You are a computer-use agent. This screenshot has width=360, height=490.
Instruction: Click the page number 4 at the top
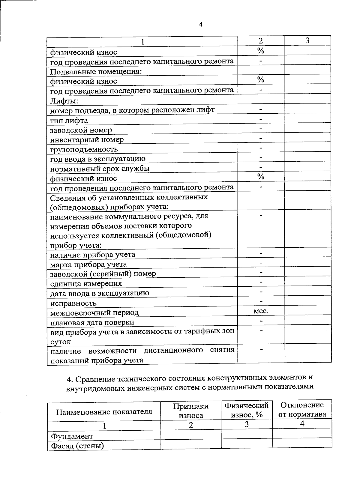coord(201,25)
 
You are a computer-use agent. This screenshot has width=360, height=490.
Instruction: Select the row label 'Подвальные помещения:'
coord(96,72)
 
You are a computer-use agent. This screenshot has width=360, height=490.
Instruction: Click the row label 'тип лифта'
coord(69,121)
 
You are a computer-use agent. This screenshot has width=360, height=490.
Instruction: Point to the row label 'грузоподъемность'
coord(84,149)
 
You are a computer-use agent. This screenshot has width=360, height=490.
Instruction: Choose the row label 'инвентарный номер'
coord(87,140)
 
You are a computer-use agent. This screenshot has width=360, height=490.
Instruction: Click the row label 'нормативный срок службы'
coord(100,169)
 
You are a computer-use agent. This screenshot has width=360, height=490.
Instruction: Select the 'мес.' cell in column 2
coord(261,311)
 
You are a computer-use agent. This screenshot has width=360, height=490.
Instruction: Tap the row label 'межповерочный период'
coord(94,313)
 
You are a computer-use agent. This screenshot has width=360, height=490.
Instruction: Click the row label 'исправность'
coord(73,303)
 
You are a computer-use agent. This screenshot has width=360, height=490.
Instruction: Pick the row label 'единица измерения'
coord(86,284)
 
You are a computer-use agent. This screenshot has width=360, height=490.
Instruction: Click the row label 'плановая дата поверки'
coord(92,323)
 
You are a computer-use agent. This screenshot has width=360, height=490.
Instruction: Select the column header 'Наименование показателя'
coord(104,411)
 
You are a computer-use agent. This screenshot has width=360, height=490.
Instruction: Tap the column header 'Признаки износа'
coord(191,411)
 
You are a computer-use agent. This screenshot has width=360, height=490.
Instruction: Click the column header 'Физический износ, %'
coord(247,410)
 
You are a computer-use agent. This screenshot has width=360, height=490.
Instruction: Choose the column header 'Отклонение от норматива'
coord(302,410)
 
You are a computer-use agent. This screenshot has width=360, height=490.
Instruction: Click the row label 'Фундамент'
coord(72,436)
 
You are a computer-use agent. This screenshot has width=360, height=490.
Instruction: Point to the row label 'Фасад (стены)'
coord(77,446)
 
